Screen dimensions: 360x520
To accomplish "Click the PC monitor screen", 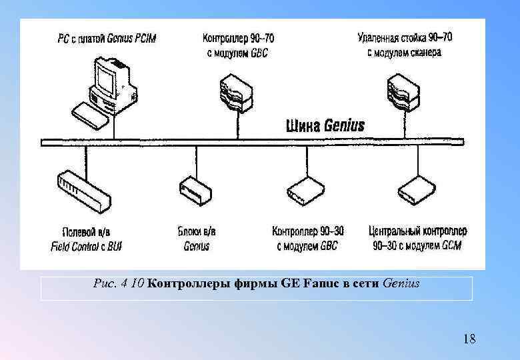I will pyautogui.click(x=106, y=79).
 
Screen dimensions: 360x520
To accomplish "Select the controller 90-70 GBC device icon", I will pyautogui.click(x=236, y=93).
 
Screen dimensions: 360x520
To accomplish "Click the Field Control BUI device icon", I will pyautogui.click(x=81, y=189).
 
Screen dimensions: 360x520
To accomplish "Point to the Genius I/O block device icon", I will pyautogui.click(x=195, y=190).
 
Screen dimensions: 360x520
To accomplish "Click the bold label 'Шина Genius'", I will pyautogui.click(x=325, y=125).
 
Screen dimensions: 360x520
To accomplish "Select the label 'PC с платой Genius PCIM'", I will pyautogui.click(x=107, y=39).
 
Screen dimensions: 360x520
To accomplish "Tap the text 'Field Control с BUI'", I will pyautogui.click(x=86, y=247).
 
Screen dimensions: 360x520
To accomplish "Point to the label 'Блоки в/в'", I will pyautogui.click(x=196, y=231).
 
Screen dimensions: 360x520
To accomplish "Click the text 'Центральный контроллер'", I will pyautogui.click(x=417, y=231).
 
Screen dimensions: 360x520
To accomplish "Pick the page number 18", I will pyautogui.click(x=469, y=339).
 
